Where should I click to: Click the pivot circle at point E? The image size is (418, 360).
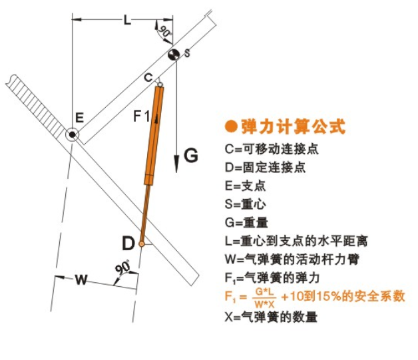(72, 136)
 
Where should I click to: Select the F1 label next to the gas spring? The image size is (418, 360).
(141, 118)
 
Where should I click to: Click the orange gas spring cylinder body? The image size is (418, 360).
(154, 133)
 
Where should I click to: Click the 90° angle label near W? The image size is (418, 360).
(122, 268)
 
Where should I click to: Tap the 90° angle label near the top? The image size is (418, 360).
(164, 30)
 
